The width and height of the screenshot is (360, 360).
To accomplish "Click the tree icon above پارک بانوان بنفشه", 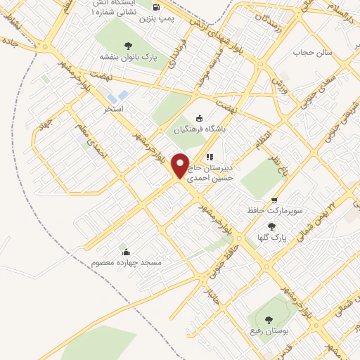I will point(127,46).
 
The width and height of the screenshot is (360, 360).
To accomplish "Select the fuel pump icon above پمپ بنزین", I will point(155,8).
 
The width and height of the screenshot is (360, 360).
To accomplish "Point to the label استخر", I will point(114,110).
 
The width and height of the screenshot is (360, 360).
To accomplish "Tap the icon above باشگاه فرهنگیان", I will point(199,118).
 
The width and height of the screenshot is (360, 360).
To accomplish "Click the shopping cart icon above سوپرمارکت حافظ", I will point(274,200).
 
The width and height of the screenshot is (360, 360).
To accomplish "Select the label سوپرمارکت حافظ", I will point(264,210).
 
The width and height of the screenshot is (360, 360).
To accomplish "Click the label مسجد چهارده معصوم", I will point(127,262).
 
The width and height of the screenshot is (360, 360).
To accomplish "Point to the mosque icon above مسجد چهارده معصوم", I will point(127,252).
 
